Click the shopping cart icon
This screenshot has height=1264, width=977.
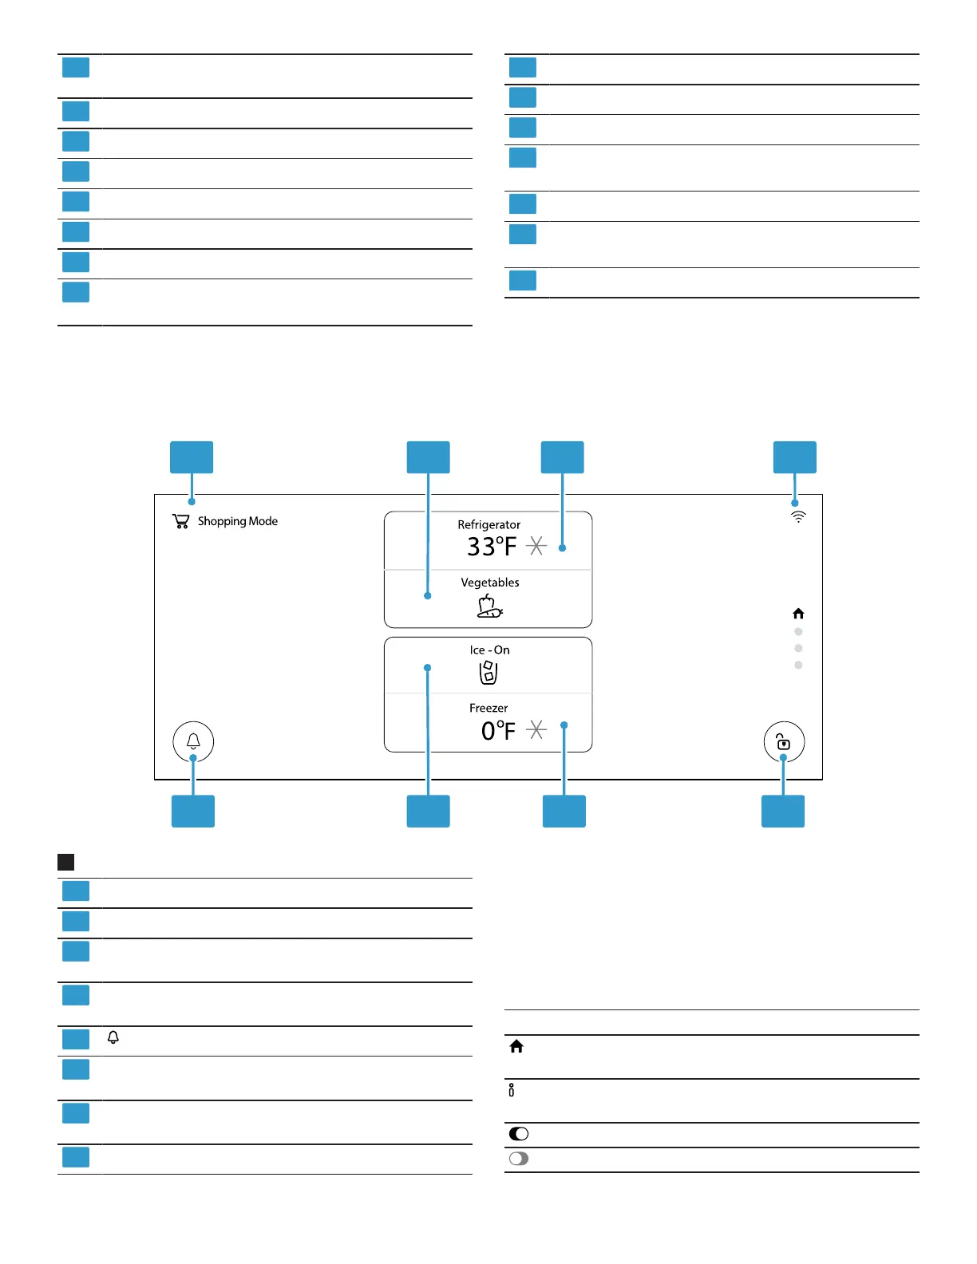(x=181, y=521)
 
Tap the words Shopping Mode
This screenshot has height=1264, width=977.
(x=238, y=521)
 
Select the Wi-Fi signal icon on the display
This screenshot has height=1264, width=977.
(x=798, y=517)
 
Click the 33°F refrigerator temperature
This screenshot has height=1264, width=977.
(x=492, y=547)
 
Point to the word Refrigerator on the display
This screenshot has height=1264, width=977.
(x=489, y=524)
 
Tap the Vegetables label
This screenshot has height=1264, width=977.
(x=490, y=583)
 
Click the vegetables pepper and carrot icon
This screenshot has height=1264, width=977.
(x=489, y=607)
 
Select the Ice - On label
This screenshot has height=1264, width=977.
(x=489, y=650)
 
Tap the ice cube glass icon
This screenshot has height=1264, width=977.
(x=489, y=673)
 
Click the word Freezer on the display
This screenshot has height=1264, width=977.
(x=489, y=708)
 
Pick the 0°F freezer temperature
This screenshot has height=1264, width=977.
(x=498, y=730)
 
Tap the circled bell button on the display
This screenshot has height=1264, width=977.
(x=193, y=741)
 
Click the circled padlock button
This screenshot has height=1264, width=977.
(x=784, y=741)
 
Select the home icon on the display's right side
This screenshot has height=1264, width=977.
(x=798, y=614)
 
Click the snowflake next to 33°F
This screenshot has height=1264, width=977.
(x=536, y=547)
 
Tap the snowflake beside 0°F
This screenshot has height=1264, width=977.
(x=536, y=729)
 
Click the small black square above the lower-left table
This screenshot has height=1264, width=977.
(x=66, y=862)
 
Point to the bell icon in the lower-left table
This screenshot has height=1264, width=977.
(x=113, y=1037)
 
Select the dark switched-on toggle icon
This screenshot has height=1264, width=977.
(x=519, y=1134)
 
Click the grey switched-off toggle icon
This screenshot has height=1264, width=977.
(x=519, y=1159)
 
